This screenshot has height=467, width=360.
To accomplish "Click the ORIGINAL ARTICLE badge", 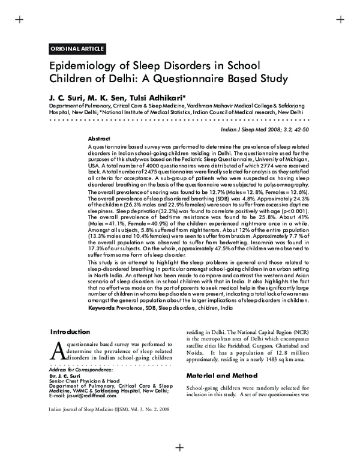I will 77,49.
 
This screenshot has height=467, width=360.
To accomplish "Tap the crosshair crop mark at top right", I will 340,20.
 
